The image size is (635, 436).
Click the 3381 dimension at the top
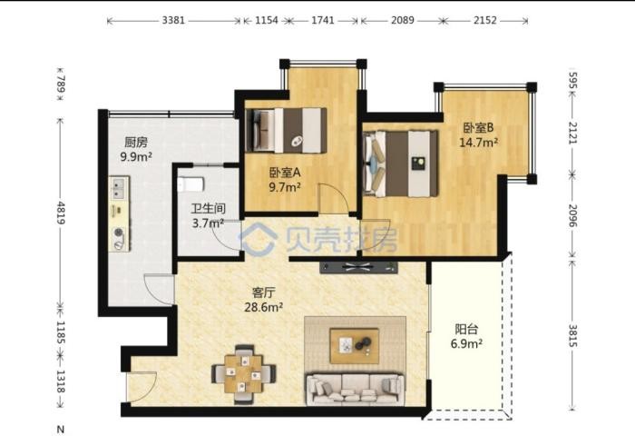click(x=173, y=20)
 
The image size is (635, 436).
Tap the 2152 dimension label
click(x=484, y=20)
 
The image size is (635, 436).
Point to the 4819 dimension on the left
click(x=61, y=213)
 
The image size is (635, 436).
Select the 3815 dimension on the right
click(x=573, y=335)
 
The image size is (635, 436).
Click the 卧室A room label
click(x=285, y=173)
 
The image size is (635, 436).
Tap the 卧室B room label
click(x=478, y=128)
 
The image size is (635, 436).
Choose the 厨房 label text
click(x=136, y=142)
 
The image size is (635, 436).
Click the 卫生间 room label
click(x=208, y=209)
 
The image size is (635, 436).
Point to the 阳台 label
click(x=466, y=329)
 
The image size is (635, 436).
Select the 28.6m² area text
click(x=263, y=307)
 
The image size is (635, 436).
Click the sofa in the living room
click(x=356, y=389)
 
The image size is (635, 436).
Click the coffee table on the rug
click(x=355, y=346)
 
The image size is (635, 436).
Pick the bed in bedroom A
click(x=287, y=130)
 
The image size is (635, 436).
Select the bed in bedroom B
click(x=401, y=163)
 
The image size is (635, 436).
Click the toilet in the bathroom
click(x=190, y=184)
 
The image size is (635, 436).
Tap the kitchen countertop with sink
click(x=119, y=213)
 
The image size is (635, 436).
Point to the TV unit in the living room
click(x=358, y=267)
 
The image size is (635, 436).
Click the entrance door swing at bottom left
click(x=142, y=387)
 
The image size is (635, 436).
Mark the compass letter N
click(x=61, y=429)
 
